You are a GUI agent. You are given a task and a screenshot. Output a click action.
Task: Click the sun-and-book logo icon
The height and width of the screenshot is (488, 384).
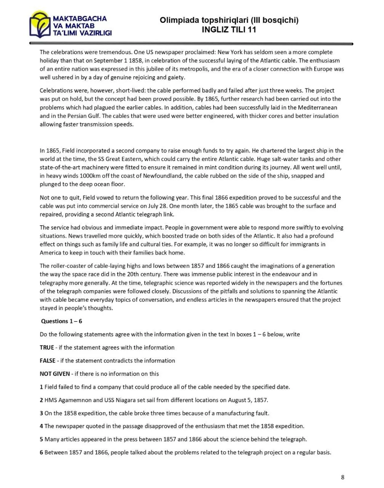point(40,24)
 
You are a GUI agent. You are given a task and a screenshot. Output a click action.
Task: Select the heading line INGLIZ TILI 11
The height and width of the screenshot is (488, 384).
point(229,30)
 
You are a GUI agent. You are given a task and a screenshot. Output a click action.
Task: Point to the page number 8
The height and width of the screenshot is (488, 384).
point(342,477)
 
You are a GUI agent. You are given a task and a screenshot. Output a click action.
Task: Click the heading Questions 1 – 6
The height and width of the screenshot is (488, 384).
point(62,321)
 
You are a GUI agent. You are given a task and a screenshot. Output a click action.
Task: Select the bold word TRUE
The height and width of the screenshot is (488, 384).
point(47,347)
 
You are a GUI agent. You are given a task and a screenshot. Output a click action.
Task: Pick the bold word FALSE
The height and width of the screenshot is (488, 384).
point(48,361)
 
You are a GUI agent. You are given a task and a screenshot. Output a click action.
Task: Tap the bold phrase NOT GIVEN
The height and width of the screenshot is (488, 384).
point(55,374)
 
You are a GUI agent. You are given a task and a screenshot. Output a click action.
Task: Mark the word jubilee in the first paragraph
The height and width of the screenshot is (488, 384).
point(163,69)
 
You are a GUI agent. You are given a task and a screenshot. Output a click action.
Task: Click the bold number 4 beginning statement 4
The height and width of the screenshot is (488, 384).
point(41,426)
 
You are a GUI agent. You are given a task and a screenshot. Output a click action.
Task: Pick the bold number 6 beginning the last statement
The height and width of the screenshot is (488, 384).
point(41,453)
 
